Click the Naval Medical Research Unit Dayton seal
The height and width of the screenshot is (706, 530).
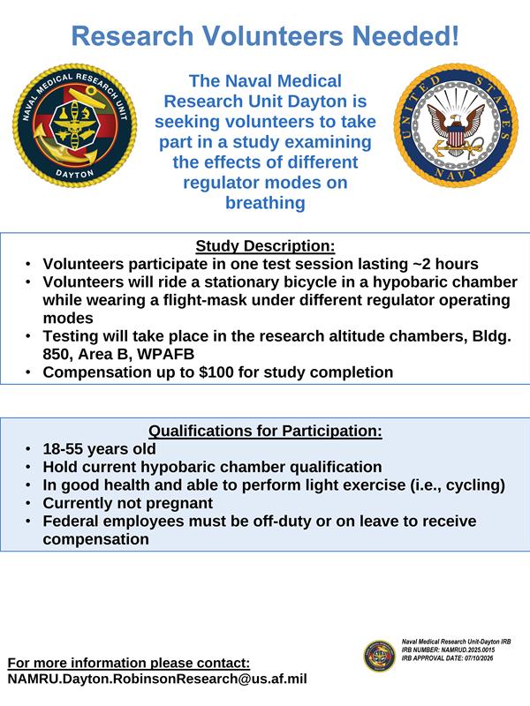(75, 125)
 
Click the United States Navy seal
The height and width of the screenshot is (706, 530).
(456, 125)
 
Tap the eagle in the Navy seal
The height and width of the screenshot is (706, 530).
(456, 127)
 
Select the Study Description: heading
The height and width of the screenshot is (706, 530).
(265, 246)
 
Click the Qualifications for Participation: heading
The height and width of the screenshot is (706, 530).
(265, 431)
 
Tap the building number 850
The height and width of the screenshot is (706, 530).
(56, 355)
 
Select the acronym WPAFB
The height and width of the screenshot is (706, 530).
(165, 355)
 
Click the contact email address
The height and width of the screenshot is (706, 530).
(157, 679)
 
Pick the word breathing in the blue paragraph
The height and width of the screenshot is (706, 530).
(265, 203)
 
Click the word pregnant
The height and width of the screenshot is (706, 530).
(184, 503)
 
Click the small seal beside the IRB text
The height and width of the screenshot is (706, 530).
(379, 656)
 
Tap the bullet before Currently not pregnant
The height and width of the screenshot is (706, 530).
(28, 503)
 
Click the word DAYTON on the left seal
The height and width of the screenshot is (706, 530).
(75, 174)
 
